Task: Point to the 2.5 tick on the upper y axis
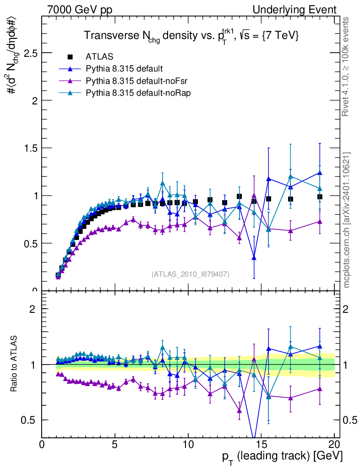point(31,53)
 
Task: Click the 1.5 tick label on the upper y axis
point(31,148)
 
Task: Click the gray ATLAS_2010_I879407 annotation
point(191,274)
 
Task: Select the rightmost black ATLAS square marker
point(320,197)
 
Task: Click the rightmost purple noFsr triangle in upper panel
point(320,221)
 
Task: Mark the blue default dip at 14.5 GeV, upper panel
point(254,258)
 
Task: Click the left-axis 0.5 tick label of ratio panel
point(31,420)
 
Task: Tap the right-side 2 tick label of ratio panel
point(348,309)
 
